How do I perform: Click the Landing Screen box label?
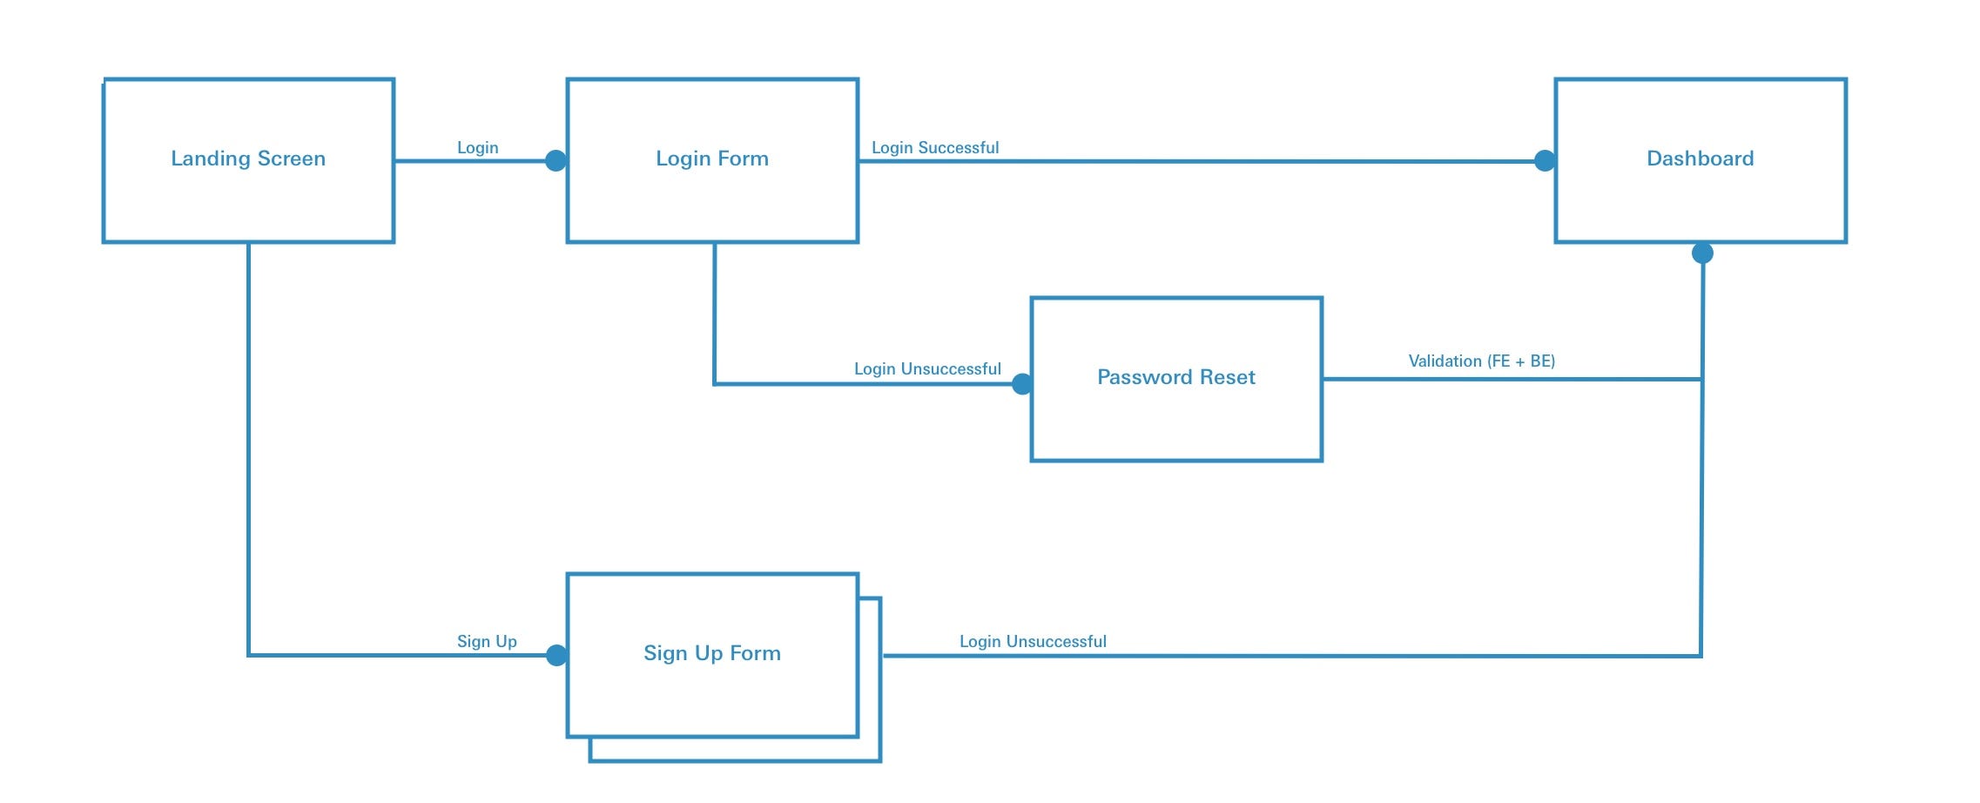[248, 159]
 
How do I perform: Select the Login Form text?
[712, 159]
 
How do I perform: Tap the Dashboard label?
[1700, 159]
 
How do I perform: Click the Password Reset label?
[1175, 377]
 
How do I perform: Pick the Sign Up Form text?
[711, 653]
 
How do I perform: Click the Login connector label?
[478, 148]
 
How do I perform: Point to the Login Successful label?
[935, 148]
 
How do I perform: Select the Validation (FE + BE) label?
[1481, 361]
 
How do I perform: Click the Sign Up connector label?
[487, 642]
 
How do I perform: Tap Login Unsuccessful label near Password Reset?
[927, 369]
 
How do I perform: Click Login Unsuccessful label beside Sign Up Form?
[1033, 642]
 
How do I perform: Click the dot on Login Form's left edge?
[556, 160]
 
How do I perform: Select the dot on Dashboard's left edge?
[1545, 160]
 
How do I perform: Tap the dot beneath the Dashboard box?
[1702, 253]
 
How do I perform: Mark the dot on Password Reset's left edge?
[1022, 384]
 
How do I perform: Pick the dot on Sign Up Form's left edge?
[556, 655]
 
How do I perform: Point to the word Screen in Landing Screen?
[291, 159]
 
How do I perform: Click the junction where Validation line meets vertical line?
[1701, 379]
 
